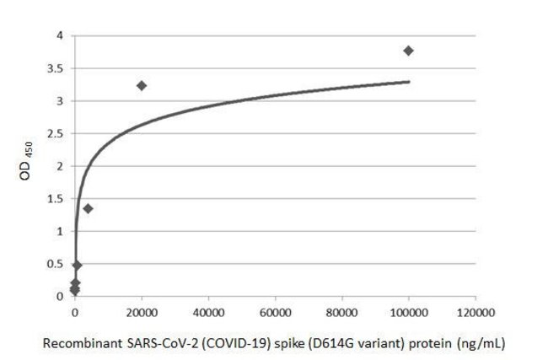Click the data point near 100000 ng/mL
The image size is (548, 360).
tap(409, 51)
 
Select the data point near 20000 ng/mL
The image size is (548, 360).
tap(142, 85)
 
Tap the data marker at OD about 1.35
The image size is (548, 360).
tap(88, 208)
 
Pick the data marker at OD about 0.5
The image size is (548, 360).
tap(77, 265)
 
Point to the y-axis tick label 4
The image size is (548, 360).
tap(58, 35)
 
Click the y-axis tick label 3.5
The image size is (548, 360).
tap(54, 68)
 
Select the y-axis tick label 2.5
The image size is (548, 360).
tap(54, 133)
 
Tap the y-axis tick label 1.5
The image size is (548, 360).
tap(54, 199)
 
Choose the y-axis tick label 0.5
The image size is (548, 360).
tap(54, 264)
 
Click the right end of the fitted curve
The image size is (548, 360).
tap(409, 82)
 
